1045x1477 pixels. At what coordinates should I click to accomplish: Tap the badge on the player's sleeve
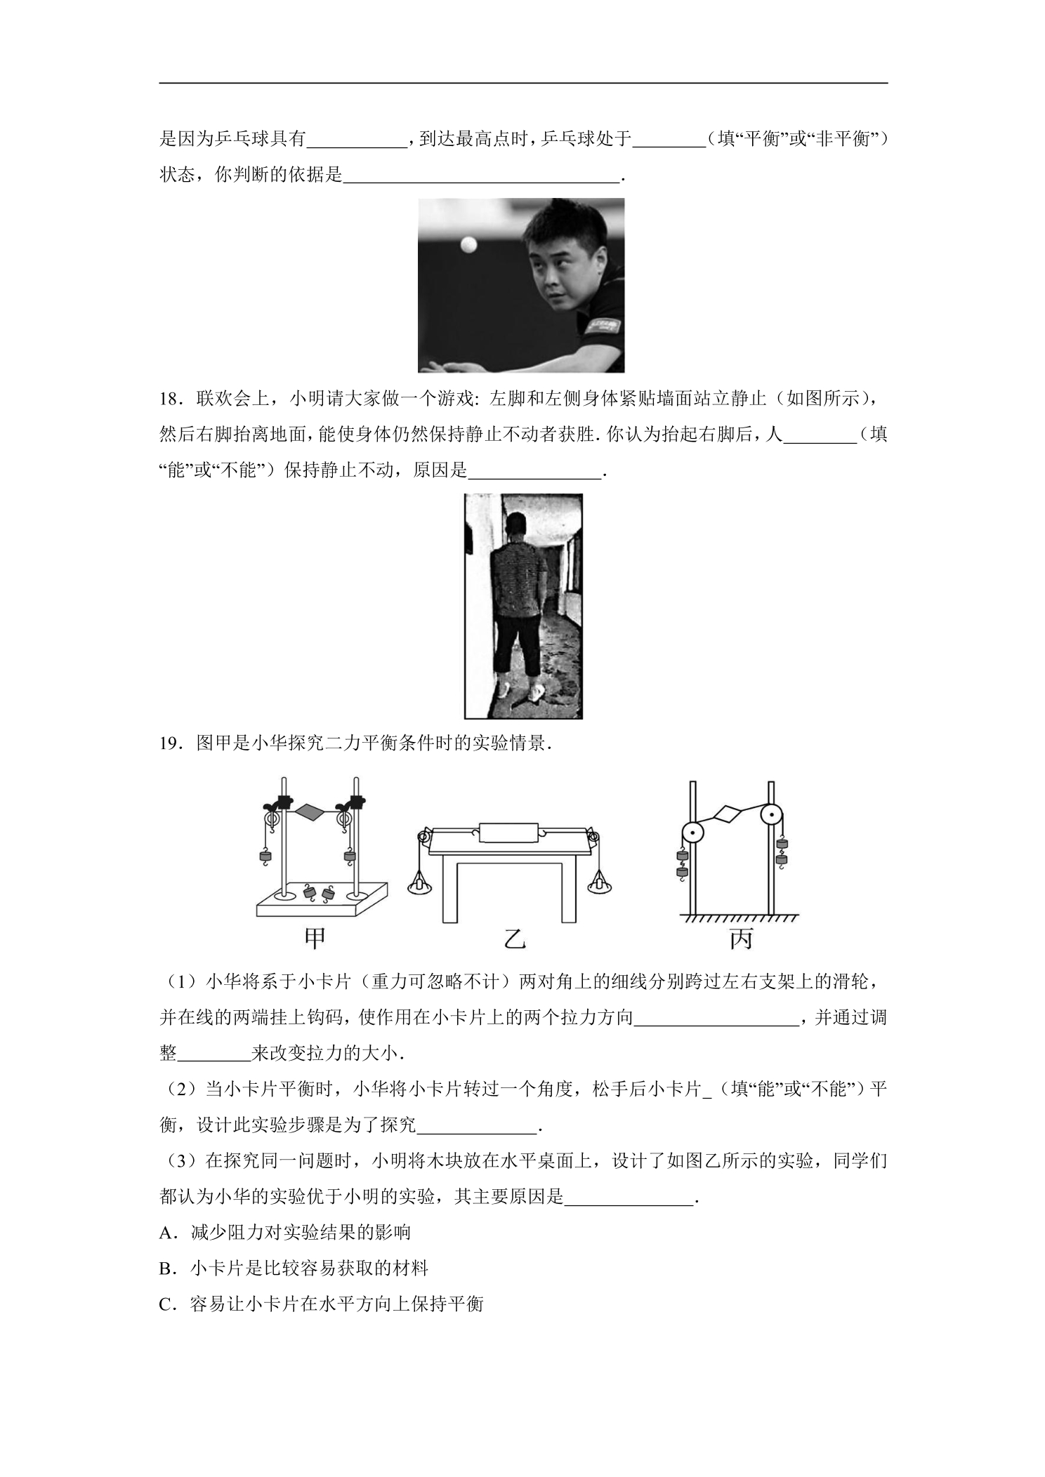pyautogui.click(x=601, y=326)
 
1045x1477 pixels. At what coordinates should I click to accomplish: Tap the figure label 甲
pyautogui.click(x=315, y=939)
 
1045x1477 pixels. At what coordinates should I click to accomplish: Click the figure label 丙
pyautogui.click(x=741, y=939)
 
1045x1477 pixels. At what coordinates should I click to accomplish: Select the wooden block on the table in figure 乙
pyautogui.click(x=508, y=832)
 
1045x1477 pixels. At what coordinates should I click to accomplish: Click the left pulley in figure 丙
pyautogui.click(x=692, y=833)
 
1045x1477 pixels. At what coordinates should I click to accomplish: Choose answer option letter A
pyautogui.click(x=166, y=1233)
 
